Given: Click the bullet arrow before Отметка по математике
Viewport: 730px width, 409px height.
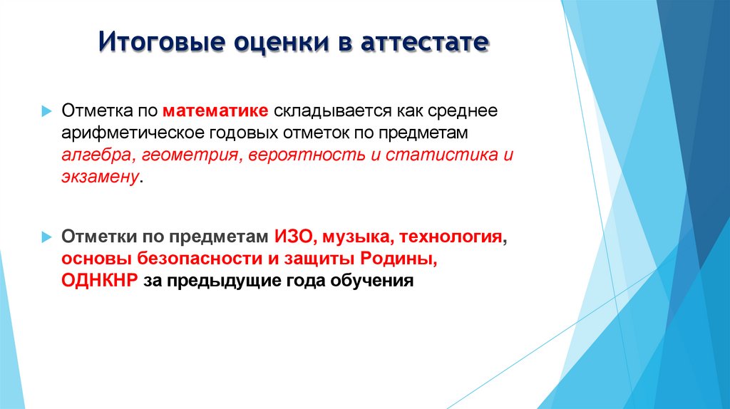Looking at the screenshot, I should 46,112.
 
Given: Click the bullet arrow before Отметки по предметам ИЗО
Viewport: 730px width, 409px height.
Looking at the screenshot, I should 46,236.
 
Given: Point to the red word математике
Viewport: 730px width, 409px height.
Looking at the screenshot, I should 215,111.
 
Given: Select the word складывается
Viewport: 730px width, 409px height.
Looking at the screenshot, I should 323,111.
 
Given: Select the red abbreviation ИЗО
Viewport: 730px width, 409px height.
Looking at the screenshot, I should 290,236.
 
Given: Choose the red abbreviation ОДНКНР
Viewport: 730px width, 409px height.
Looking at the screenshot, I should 100,280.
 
